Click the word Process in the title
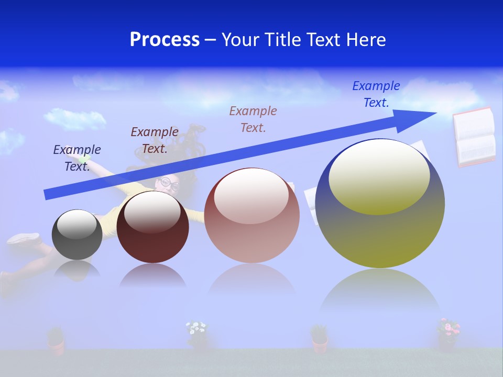click(165, 40)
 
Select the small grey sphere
click(77, 235)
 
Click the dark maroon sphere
click(152, 227)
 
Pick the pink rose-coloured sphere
click(251, 216)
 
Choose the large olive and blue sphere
click(380, 204)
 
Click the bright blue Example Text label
click(376, 94)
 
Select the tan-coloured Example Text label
click(253, 119)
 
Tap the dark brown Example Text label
click(155, 140)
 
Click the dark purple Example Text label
click(77, 158)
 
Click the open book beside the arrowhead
click(474, 137)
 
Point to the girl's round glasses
click(169, 183)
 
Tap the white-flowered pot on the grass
click(197, 334)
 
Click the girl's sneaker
click(24, 239)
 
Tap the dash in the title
click(210, 40)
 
